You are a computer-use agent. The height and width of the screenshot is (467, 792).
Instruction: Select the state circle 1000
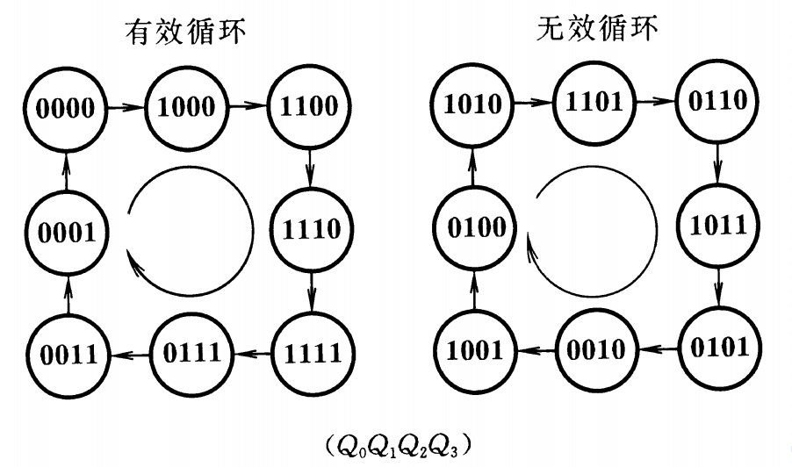(185, 108)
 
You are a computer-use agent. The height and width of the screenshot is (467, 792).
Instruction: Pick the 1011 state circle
(718, 225)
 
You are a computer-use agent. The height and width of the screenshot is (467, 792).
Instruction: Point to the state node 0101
(718, 348)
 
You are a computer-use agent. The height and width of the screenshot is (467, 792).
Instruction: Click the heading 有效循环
(185, 33)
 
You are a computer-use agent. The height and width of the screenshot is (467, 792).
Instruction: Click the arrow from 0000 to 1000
(125, 108)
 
